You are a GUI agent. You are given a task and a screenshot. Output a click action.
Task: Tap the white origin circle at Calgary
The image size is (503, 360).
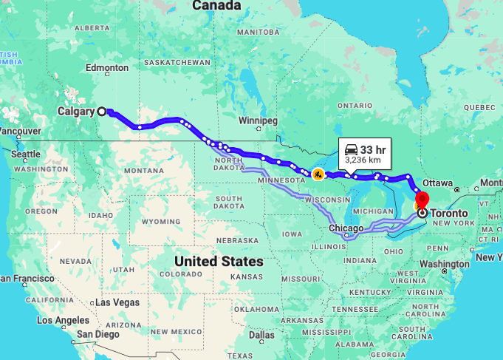coord(102,112)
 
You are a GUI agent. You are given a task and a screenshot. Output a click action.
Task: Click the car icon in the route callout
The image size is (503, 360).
coord(350,149)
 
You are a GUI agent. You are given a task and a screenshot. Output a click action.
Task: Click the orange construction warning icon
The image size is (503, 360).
coord(318,174)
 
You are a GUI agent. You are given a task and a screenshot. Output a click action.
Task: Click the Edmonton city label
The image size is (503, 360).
coord(107,68)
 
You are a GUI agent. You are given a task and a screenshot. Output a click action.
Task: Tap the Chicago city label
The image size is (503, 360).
coord(347,228)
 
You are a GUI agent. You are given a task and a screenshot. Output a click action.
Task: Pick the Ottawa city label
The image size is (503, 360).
coord(438,183)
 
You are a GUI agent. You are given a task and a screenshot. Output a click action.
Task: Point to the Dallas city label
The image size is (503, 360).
coord(261,334)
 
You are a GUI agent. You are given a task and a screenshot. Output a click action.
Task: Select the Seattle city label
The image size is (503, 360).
coord(25,154)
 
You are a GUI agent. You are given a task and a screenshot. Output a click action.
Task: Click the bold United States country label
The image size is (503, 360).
coord(219,261)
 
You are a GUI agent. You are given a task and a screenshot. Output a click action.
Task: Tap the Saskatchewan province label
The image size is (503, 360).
coord(177,63)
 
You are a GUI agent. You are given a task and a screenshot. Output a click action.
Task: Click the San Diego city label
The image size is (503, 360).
coord(100,334)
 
